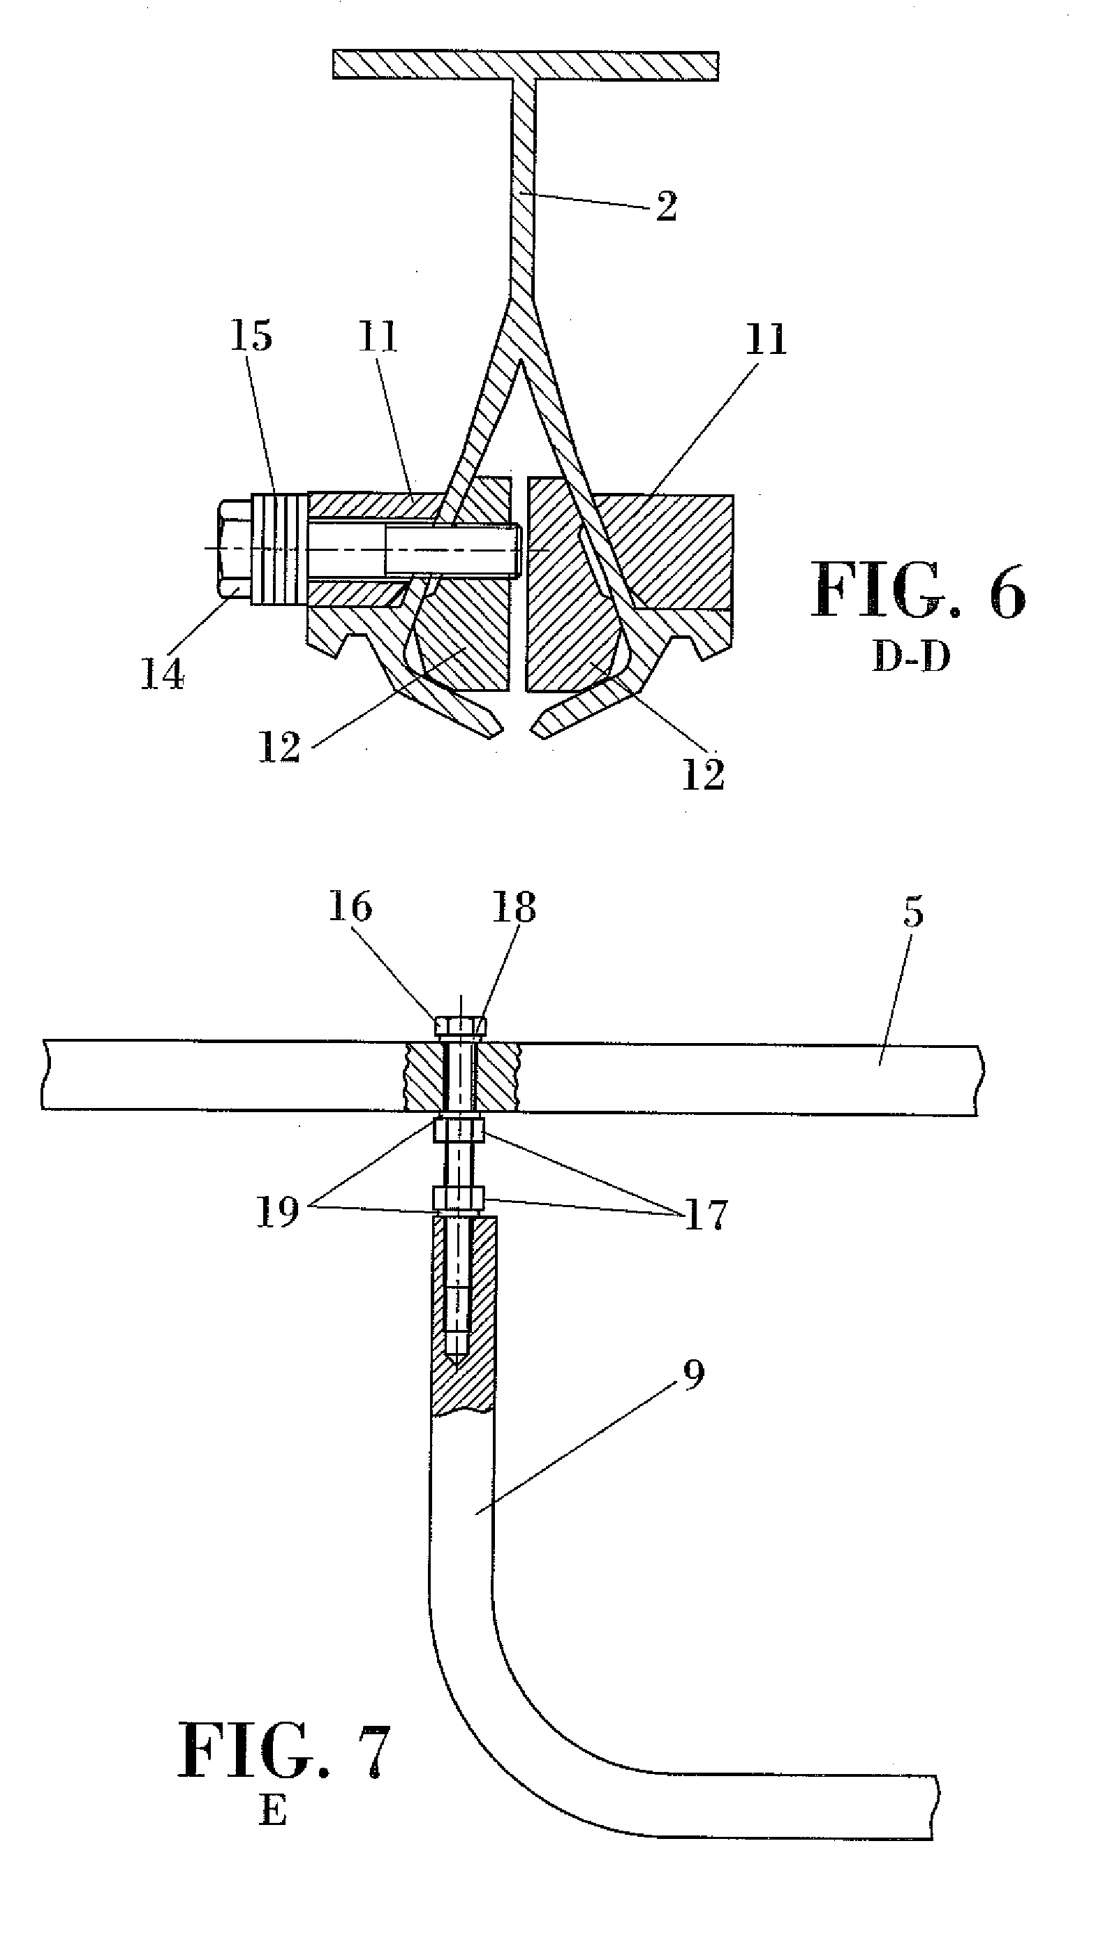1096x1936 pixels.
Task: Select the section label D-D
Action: click(x=911, y=657)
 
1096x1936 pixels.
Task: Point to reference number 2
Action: click(x=666, y=206)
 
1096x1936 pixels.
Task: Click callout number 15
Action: click(x=251, y=336)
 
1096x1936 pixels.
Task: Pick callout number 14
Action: click(x=163, y=674)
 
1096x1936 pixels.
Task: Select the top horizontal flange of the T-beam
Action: click(x=526, y=66)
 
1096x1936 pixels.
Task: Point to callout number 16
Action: click(x=350, y=907)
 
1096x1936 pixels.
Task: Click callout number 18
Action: click(x=514, y=907)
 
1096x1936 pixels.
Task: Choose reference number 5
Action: click(x=912, y=912)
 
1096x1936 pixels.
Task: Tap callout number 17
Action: click(x=705, y=1214)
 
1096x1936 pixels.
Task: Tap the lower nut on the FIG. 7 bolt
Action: click(x=459, y=1197)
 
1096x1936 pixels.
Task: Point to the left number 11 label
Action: click(x=378, y=336)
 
